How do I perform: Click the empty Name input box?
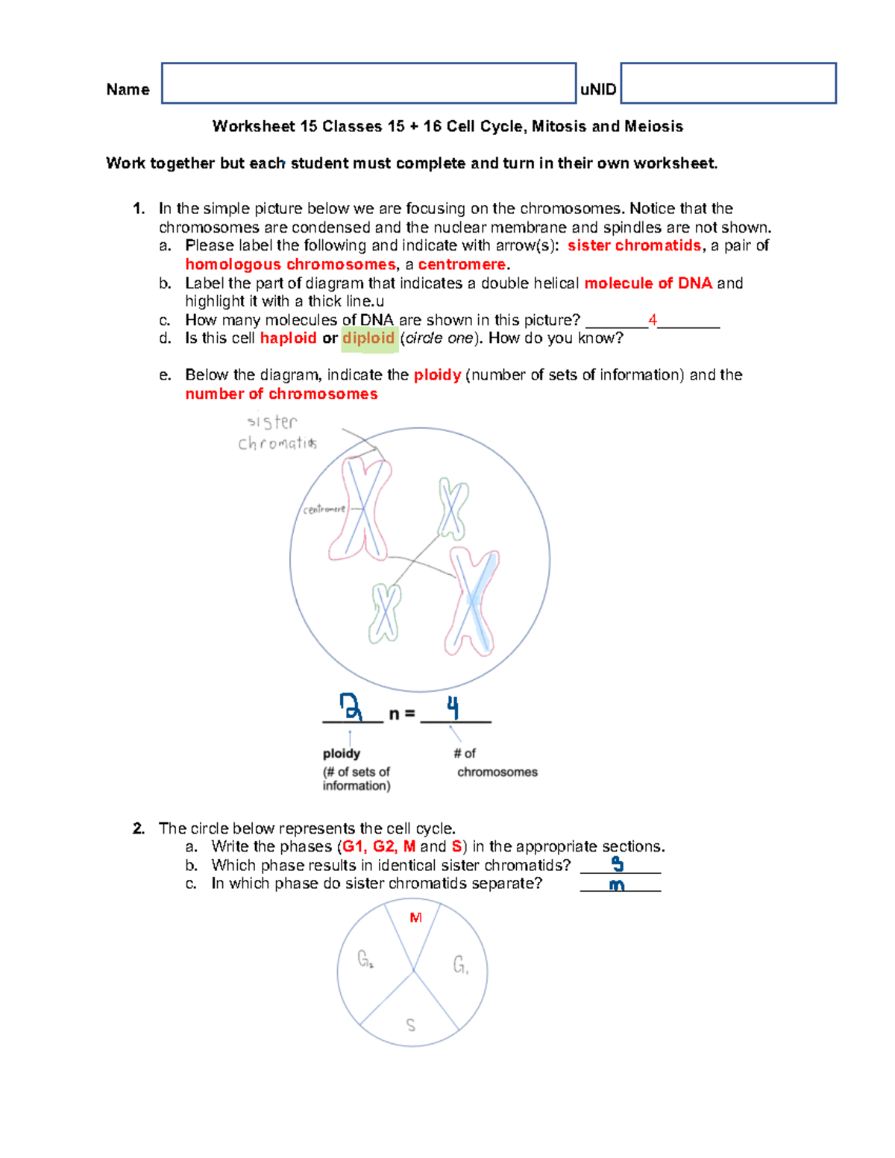tap(368, 83)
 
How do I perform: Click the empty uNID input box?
tap(728, 83)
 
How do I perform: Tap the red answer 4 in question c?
tap(653, 320)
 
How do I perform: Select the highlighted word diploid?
tap(368, 339)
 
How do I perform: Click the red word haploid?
tap(288, 339)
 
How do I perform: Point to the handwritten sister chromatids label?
tap(276, 433)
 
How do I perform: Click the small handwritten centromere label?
tap(324, 509)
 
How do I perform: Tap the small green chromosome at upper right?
tap(452, 509)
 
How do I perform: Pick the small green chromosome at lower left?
tap(385, 612)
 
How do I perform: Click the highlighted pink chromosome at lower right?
tap(472, 601)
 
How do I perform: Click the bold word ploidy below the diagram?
tap(342, 754)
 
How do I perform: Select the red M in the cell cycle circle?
tap(415, 918)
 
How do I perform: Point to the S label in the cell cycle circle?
tap(411, 1025)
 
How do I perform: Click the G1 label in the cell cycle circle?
tap(461, 966)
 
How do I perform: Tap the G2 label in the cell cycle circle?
tap(365, 959)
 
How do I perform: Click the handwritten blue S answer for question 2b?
tap(618, 864)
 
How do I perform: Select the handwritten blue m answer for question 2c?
tap(617, 885)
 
